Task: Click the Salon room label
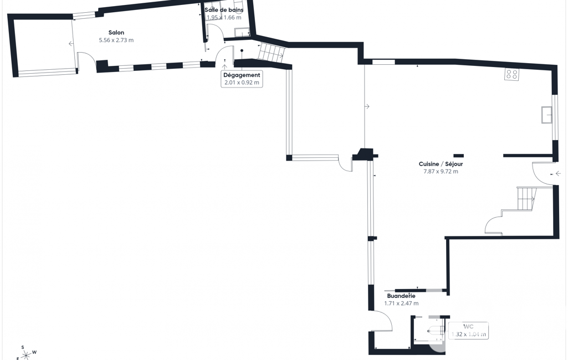(116, 33)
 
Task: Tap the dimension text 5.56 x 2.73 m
(116, 40)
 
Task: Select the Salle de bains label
(224, 10)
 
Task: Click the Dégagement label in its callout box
(242, 75)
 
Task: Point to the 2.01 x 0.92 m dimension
(242, 83)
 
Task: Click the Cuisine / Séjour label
(441, 164)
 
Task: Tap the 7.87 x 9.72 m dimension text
(441, 172)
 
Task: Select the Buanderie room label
(401, 296)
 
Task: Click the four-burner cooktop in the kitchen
(511, 74)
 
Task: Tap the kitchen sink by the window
(546, 115)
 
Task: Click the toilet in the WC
(436, 332)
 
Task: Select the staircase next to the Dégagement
(272, 52)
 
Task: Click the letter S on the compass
(23, 347)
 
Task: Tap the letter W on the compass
(34, 352)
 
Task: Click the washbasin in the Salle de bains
(242, 32)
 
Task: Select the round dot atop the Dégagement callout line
(242, 51)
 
